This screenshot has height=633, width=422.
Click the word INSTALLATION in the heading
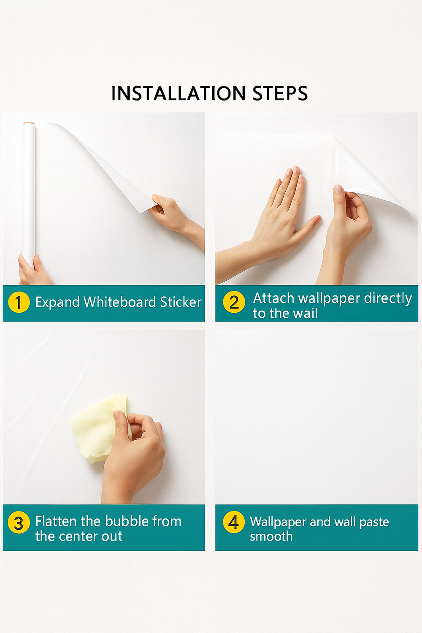[x=178, y=93]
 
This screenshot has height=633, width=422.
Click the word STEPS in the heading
[x=280, y=93]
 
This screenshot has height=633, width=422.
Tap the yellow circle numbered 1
[x=19, y=302]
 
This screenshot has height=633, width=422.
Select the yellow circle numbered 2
[x=234, y=302]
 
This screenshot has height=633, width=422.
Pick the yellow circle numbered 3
[x=19, y=523]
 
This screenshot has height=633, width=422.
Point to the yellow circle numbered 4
[x=234, y=522]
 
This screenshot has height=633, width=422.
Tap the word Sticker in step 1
[x=181, y=302]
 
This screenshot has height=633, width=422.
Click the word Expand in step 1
[x=57, y=302]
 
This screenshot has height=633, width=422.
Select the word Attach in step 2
[x=273, y=298]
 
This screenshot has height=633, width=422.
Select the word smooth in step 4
[x=271, y=536]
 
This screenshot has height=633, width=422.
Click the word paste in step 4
[x=374, y=522]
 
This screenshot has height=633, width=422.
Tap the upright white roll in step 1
[x=29, y=186]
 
